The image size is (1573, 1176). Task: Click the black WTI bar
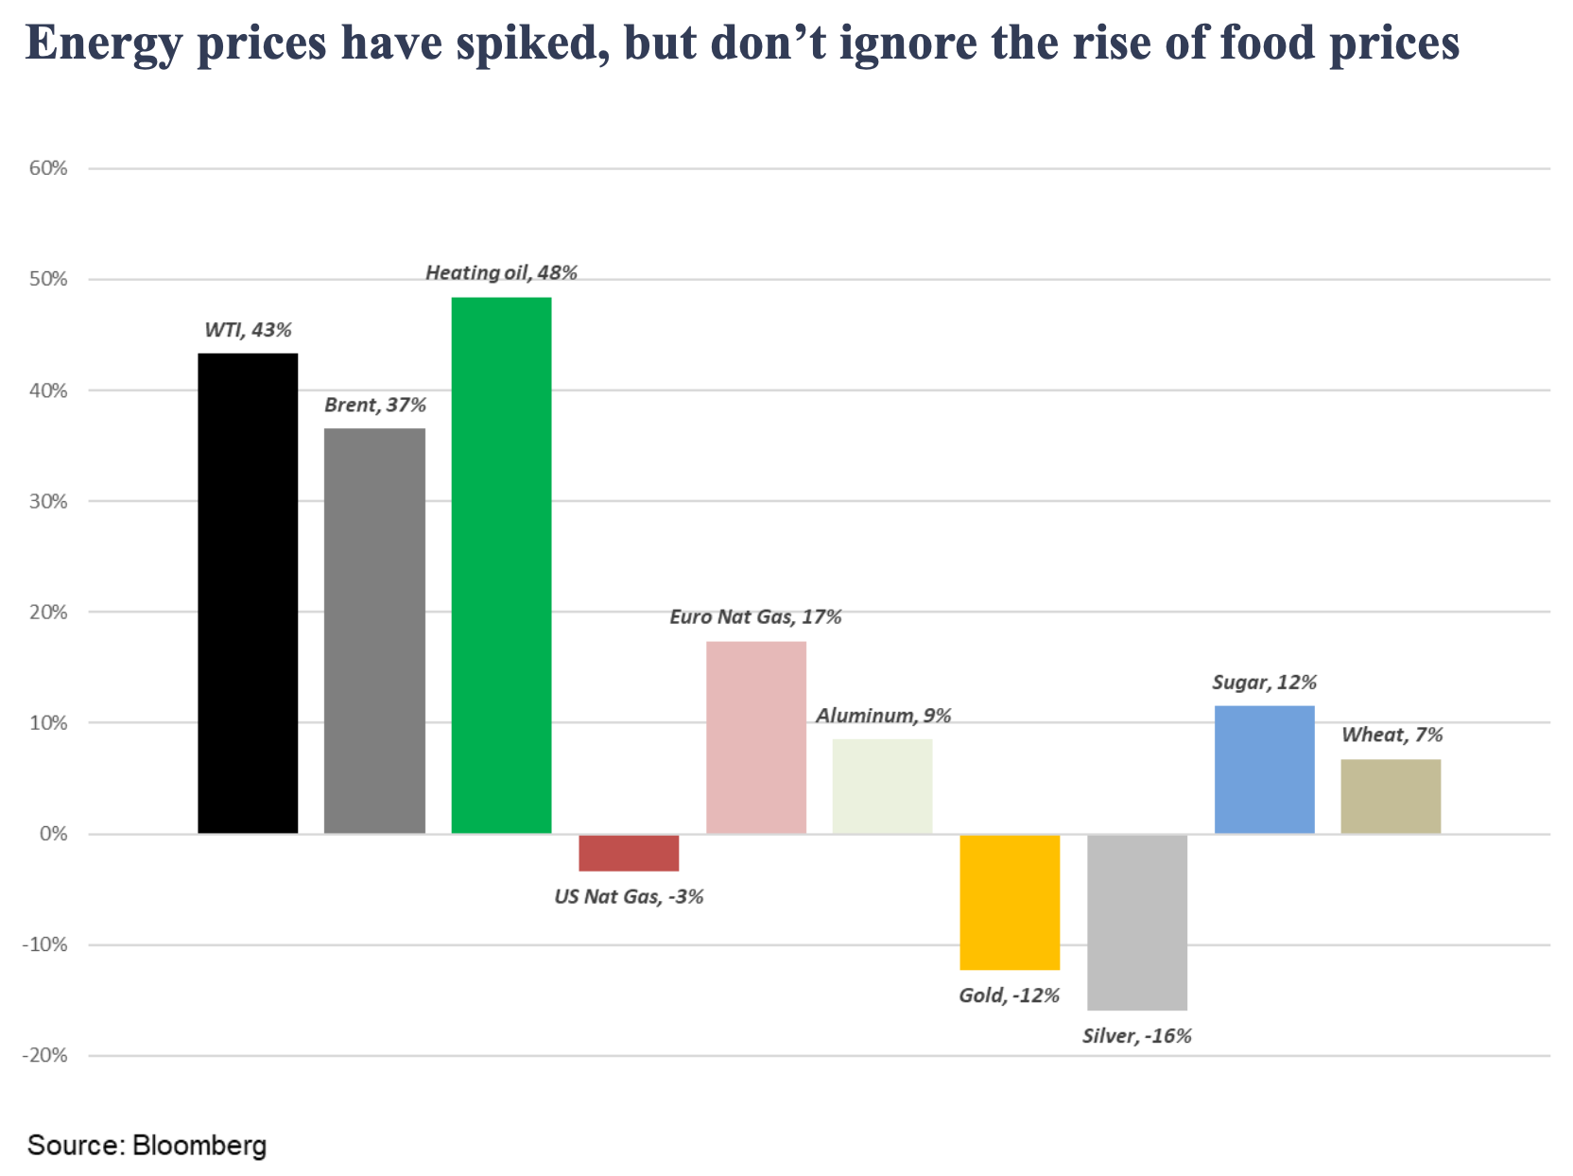(x=248, y=593)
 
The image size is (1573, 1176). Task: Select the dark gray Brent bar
(x=374, y=631)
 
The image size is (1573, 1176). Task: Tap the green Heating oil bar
(x=501, y=565)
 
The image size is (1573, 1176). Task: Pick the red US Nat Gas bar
(x=629, y=853)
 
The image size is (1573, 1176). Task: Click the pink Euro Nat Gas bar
(x=756, y=737)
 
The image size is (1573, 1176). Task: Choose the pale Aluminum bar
(x=882, y=787)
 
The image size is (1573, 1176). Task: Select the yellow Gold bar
(x=1010, y=902)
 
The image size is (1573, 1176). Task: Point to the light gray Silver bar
(x=1137, y=922)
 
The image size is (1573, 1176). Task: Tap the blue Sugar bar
(x=1264, y=770)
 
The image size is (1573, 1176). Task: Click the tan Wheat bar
(x=1391, y=796)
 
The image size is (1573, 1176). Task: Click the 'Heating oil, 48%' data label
(x=501, y=273)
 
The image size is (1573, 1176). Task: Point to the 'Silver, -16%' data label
(x=1136, y=1036)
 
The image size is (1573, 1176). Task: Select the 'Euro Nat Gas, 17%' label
(x=755, y=617)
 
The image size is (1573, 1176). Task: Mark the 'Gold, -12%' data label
(x=1009, y=995)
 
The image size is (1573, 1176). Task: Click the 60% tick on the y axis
(x=49, y=169)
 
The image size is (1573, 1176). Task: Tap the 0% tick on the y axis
(x=54, y=835)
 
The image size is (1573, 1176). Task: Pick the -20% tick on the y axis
(x=45, y=1056)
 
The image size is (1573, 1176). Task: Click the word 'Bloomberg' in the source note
(x=199, y=1146)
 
